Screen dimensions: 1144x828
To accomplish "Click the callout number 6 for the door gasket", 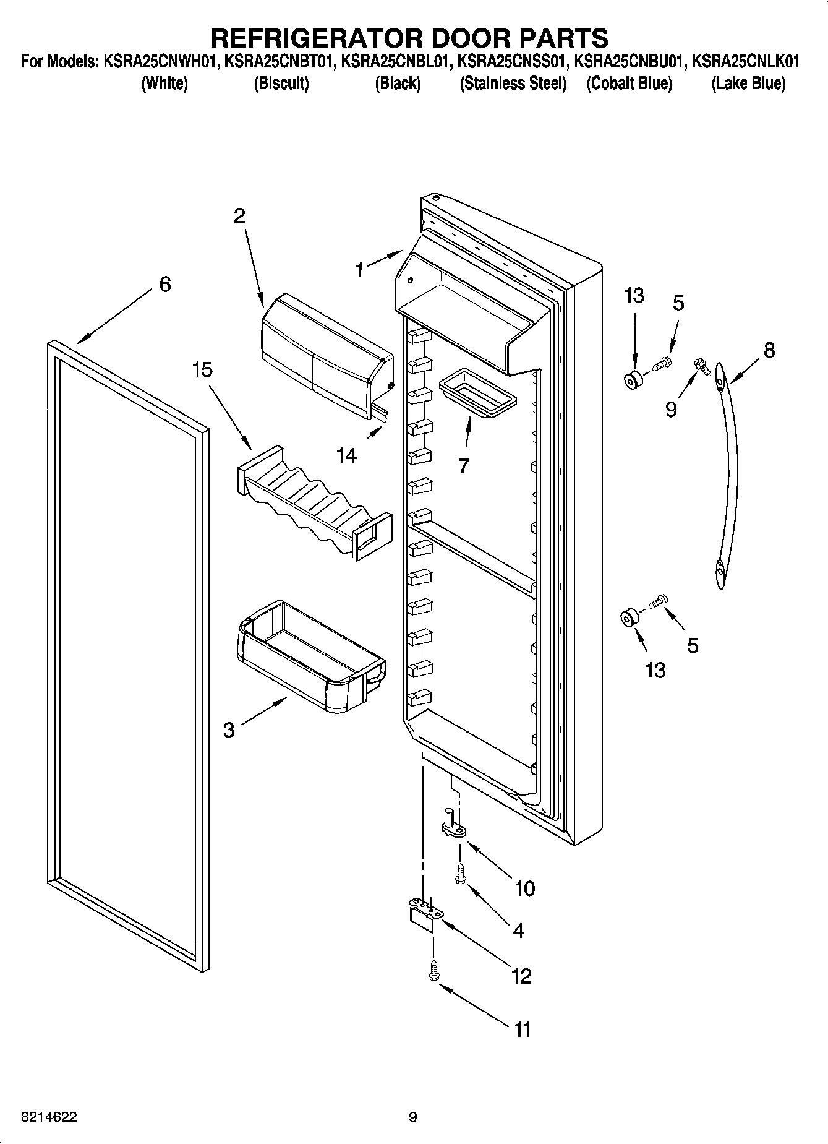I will [164, 285].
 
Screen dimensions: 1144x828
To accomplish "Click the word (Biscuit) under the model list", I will [281, 84].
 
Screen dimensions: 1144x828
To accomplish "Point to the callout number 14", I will [346, 455].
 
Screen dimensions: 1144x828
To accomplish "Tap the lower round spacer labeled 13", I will [629, 617].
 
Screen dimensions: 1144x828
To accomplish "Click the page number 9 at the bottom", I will [412, 1118].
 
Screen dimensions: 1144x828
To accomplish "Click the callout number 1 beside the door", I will [360, 270].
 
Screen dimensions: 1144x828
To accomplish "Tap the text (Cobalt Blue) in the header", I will [629, 84].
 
